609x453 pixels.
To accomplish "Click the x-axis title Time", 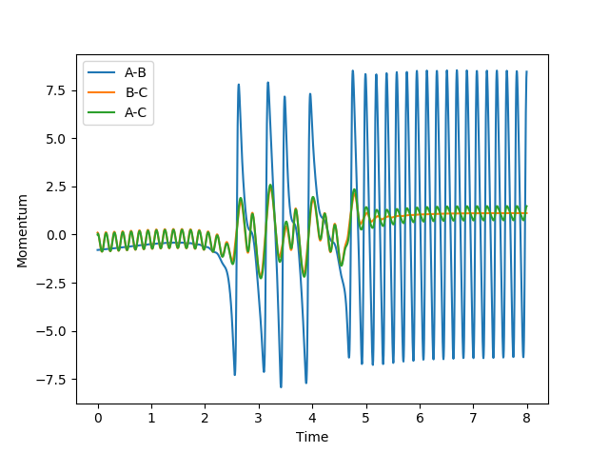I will pos(311,437).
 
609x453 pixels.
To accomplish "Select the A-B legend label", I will pos(137,73).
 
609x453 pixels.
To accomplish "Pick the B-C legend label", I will pos(137,92).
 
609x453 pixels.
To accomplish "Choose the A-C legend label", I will pos(137,111).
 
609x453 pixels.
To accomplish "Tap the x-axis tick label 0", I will pos(98,417).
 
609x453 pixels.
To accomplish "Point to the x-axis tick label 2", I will pos(205,417).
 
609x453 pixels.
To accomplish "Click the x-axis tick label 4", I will pos(311,417).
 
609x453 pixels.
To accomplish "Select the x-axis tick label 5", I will pos(365,417).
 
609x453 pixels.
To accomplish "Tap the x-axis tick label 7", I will pos(472,417).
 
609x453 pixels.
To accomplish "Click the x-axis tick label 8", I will pos(526,417).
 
